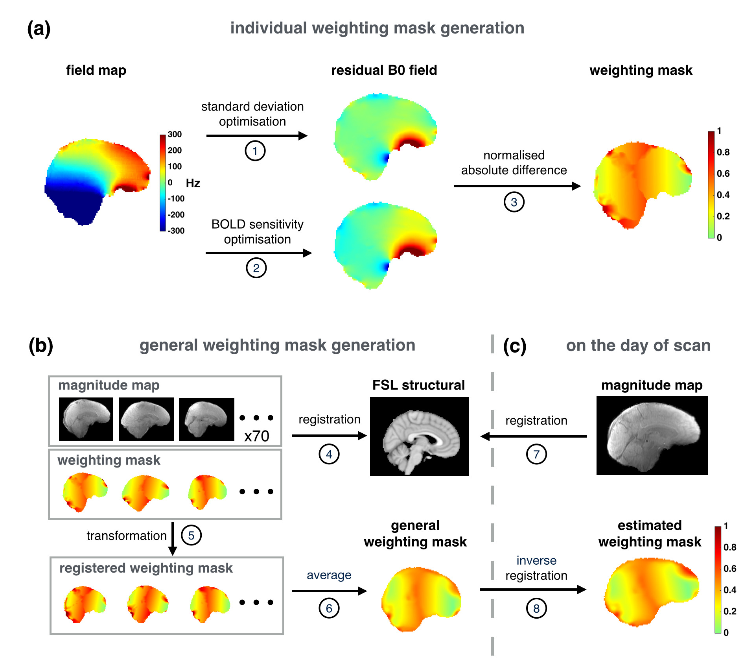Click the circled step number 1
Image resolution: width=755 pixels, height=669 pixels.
(x=255, y=151)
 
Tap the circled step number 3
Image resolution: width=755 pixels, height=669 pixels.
(x=514, y=202)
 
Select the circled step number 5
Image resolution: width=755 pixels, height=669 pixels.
(x=191, y=535)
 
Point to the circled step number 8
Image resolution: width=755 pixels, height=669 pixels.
(x=536, y=608)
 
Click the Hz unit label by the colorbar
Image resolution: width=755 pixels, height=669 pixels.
(x=193, y=183)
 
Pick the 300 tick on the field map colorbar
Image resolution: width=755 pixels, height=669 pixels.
(x=175, y=135)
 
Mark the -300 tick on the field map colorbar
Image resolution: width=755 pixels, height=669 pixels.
(x=176, y=231)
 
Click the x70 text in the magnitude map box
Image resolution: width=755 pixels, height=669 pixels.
(x=257, y=436)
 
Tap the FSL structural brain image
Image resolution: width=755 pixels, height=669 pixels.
(x=419, y=436)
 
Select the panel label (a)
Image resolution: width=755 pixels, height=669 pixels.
(x=39, y=29)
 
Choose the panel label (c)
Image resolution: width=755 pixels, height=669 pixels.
(x=515, y=346)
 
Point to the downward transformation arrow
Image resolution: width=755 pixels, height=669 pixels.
(x=173, y=538)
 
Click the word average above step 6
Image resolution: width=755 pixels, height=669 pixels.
(x=329, y=575)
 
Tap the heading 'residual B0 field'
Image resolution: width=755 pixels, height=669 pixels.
(x=384, y=70)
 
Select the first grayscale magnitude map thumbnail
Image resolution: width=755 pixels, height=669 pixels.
(x=86, y=419)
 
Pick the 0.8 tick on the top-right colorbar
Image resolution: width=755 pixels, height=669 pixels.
(x=723, y=152)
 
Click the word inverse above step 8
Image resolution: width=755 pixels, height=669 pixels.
(x=536, y=560)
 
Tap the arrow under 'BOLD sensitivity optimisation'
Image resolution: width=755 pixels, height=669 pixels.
(x=258, y=253)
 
